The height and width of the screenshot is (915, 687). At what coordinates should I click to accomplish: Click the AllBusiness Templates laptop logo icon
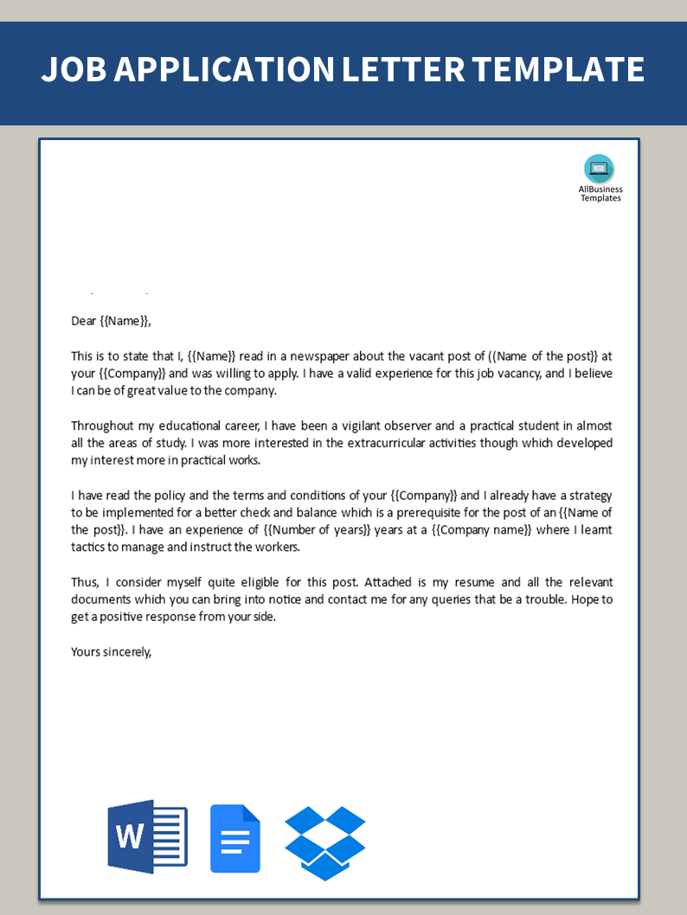point(599,169)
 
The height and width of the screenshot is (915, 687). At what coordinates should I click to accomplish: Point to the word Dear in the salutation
point(84,321)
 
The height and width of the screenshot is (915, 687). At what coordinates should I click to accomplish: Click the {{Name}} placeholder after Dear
point(125,321)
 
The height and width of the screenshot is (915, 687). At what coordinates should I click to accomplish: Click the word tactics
point(89,547)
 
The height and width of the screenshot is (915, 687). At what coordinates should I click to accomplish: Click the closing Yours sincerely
point(111,652)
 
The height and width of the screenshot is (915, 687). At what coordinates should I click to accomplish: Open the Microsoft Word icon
point(147,836)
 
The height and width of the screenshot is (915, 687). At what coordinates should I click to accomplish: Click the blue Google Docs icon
point(235,838)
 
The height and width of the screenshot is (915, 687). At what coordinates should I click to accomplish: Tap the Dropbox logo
point(325,842)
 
